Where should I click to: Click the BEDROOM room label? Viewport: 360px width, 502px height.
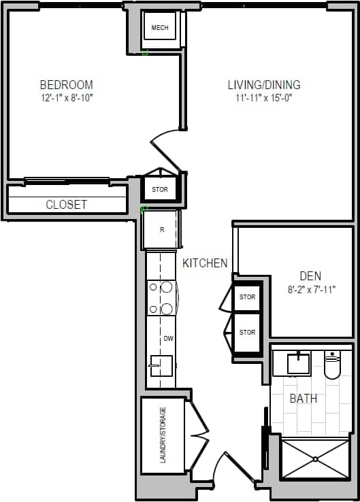(x=66, y=85)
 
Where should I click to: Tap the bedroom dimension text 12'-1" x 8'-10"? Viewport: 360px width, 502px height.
(x=66, y=98)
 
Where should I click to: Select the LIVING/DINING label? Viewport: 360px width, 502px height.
(x=264, y=85)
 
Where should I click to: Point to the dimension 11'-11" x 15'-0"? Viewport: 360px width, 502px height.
(x=264, y=98)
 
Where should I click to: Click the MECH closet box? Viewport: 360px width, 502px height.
(x=159, y=28)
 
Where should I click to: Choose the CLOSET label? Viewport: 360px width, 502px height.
(x=66, y=204)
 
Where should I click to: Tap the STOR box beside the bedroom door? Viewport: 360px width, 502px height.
(x=159, y=189)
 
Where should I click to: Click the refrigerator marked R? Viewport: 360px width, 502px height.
(x=161, y=229)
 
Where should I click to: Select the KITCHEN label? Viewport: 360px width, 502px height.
(x=205, y=263)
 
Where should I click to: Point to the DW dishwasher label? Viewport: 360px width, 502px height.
(x=168, y=338)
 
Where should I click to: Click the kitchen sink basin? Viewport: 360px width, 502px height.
(x=161, y=365)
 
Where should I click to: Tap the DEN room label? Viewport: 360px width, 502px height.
(x=310, y=275)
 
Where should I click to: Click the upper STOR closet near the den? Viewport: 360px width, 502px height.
(x=247, y=297)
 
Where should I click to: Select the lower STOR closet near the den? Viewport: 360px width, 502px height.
(x=247, y=332)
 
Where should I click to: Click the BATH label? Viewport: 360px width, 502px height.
(x=303, y=398)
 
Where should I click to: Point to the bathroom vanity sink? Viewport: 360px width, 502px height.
(x=298, y=363)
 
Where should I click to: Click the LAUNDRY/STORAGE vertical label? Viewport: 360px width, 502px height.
(x=163, y=436)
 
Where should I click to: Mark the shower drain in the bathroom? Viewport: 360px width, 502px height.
(x=316, y=458)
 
